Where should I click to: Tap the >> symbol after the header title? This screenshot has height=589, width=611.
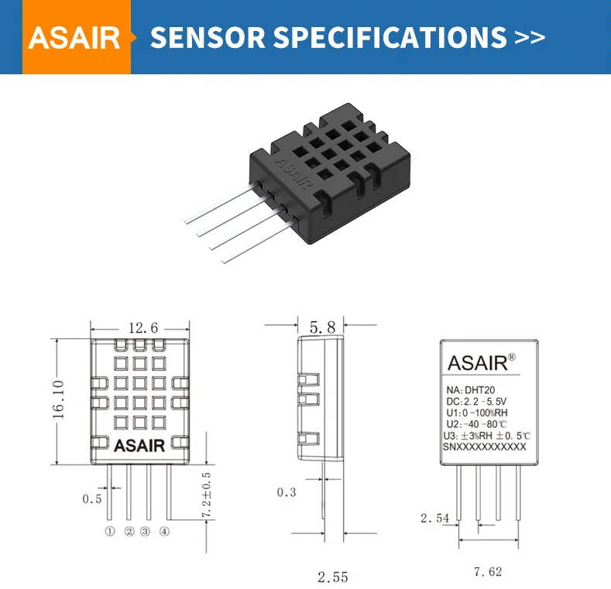point(530,37)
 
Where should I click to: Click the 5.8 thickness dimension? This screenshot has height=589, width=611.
point(321,327)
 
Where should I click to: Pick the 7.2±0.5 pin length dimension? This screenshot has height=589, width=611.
point(206,495)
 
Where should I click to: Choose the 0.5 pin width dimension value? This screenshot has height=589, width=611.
point(91,498)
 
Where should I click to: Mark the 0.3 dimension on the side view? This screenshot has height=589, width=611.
point(287,491)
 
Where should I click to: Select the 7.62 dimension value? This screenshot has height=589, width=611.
point(488,571)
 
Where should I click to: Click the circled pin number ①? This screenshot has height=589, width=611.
point(110,532)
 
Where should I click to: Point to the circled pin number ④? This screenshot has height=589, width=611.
point(164,532)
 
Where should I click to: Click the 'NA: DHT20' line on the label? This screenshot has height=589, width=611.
point(475,391)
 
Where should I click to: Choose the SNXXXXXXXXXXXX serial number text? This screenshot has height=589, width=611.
point(484,447)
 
